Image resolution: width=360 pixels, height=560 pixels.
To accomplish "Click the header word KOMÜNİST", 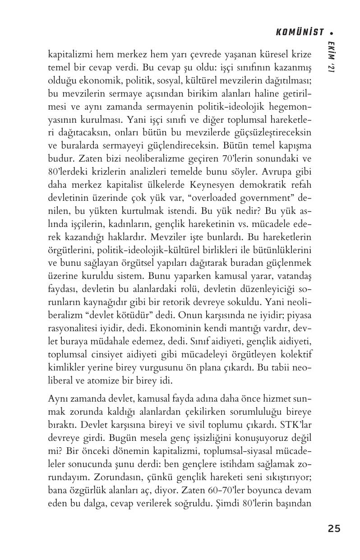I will tap(300, 32).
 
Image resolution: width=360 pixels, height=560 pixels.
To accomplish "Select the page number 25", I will tap(334, 528).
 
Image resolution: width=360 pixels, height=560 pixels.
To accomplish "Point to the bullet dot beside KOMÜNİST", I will tap(332, 32).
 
